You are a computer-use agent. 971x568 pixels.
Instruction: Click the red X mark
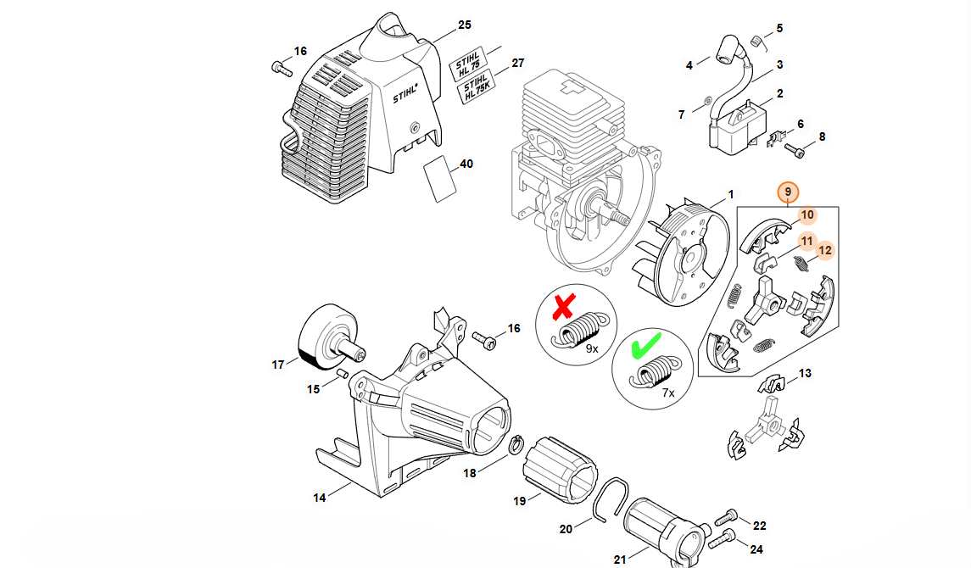coord(564,307)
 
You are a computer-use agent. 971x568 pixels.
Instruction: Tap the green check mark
coord(646,345)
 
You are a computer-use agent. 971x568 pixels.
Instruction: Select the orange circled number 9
coord(788,192)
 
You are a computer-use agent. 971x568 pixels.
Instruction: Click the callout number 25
coord(465,25)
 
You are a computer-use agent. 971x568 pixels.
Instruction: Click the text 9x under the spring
coord(592,349)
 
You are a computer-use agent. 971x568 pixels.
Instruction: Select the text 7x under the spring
coord(668,393)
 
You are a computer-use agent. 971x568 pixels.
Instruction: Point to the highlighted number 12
coord(825,251)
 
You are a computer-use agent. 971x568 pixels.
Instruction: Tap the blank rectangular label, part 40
coord(440,179)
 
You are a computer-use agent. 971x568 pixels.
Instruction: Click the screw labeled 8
coord(795,149)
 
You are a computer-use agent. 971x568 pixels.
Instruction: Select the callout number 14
coord(319,498)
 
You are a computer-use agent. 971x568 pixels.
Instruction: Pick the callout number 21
coord(620,560)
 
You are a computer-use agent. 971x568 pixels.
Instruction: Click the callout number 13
coord(805,373)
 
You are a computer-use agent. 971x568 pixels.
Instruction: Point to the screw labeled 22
coord(726,516)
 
